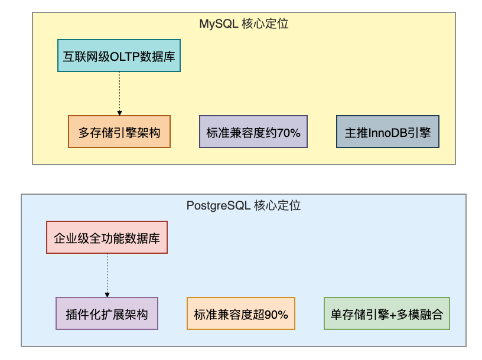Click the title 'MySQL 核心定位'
point(244,24)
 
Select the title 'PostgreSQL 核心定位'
point(243,205)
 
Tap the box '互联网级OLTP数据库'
point(119,55)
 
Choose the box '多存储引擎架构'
point(119,132)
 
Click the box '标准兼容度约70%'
point(253,132)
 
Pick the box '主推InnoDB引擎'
point(387,132)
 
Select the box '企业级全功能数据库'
point(107,237)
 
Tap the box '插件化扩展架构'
point(107,313)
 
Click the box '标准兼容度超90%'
point(241,313)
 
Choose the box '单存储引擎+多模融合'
point(387,313)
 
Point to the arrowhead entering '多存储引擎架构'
point(119,113)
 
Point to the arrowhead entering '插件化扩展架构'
point(108,295)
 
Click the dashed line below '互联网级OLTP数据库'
point(119,91)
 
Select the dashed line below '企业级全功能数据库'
point(108,273)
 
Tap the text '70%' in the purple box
point(288,133)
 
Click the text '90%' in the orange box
point(276,315)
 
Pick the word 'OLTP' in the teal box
point(125,57)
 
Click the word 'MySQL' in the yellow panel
point(219,24)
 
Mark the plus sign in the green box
point(393,315)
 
